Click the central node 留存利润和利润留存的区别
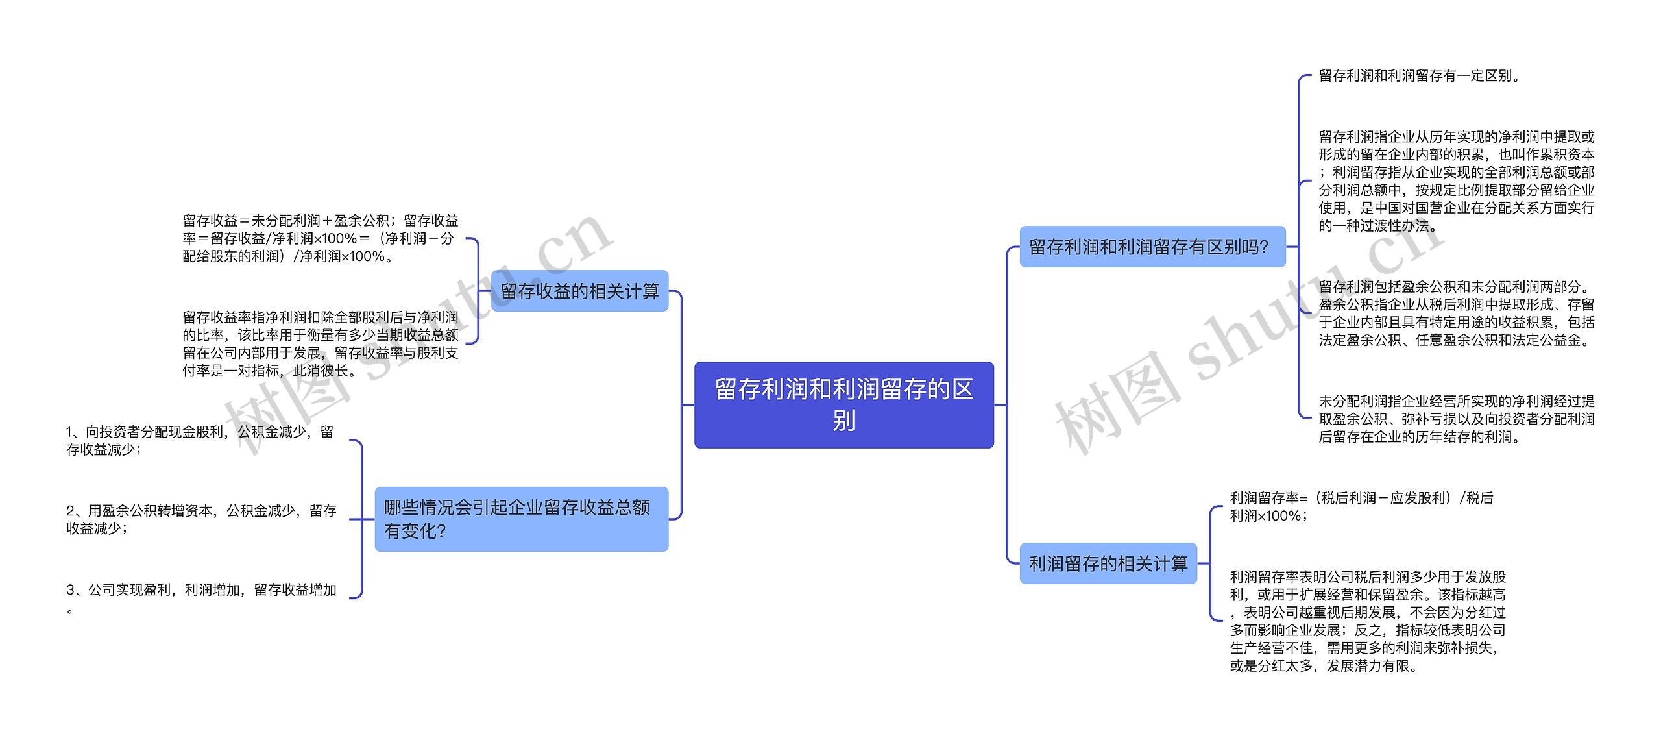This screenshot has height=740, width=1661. coord(843,404)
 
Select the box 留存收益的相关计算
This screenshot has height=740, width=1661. coord(579,291)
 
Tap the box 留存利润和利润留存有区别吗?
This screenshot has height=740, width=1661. coord(1152,247)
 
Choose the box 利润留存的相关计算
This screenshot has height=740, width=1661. coord(1108,563)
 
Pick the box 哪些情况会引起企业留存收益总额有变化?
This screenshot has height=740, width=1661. coord(521,519)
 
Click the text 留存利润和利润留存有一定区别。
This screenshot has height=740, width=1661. coord(1420,76)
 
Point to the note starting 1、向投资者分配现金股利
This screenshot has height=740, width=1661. coord(200,441)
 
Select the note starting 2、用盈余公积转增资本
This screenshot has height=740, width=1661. coord(201,519)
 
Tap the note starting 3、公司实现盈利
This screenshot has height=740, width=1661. coord(201,590)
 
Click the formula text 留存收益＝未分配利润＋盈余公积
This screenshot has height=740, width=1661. coord(321,238)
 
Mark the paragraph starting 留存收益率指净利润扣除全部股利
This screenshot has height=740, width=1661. coord(321,344)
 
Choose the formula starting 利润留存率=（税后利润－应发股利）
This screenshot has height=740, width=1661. coord(1361,506)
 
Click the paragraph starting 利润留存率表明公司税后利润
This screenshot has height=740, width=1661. coord(1368,621)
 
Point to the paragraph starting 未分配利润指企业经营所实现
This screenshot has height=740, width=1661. coord(1456,419)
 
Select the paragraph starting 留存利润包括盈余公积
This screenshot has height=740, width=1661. coord(1456,314)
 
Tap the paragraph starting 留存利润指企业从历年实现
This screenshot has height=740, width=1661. coord(1456,181)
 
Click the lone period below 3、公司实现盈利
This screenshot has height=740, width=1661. coord(69,611)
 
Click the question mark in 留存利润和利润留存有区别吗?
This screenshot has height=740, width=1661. coord(1263,247)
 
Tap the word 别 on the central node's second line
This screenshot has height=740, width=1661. coord(843,421)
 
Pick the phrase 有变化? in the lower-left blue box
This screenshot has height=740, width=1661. coord(415,532)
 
